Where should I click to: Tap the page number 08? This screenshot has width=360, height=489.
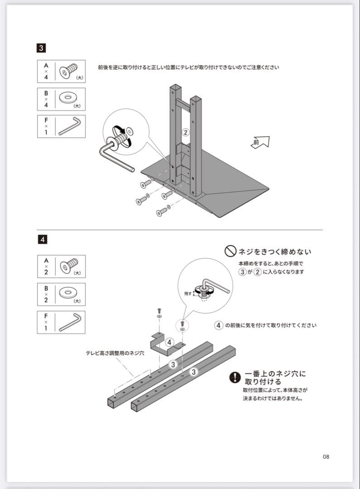click(326, 456)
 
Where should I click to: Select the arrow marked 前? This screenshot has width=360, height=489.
click(260, 142)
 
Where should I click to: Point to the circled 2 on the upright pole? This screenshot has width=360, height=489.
click(185, 132)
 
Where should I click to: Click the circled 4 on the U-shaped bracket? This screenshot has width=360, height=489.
click(169, 342)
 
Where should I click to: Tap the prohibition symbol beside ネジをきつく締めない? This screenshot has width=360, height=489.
click(230, 251)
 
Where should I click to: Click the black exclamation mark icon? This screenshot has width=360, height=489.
click(235, 377)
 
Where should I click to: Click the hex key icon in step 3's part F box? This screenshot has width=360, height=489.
click(70, 126)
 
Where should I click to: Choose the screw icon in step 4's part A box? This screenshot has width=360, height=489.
click(68, 266)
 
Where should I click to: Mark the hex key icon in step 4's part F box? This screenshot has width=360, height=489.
click(70, 321)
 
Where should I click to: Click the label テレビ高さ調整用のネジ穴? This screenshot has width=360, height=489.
click(115, 353)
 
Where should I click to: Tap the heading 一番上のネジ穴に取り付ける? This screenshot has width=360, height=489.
click(275, 378)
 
